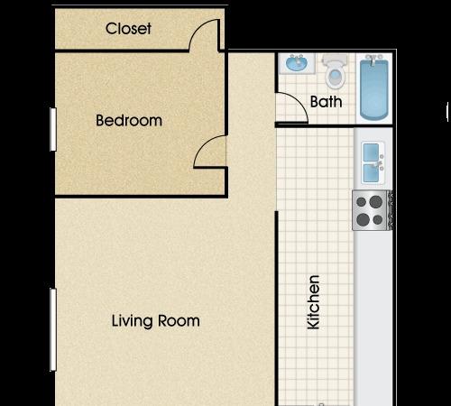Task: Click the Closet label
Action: point(128,29)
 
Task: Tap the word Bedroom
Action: point(129,120)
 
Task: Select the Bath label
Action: point(327,102)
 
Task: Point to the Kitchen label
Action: point(313,302)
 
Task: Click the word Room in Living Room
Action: point(179,321)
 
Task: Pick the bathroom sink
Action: point(297,63)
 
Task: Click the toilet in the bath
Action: point(335,71)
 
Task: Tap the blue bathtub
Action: point(374,88)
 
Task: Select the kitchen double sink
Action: point(373,162)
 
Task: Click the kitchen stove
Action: point(372,210)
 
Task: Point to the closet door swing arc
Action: point(198,29)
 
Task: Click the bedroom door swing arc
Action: point(205,146)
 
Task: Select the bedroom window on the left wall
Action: point(53,129)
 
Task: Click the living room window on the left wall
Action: point(53,329)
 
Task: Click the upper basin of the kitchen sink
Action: point(371,152)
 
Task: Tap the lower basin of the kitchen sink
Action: point(371,173)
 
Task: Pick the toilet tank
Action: point(335,60)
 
